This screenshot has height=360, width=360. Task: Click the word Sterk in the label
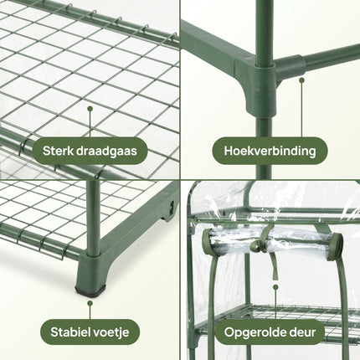[x=58, y=151]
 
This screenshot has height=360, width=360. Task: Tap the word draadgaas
[x=106, y=151]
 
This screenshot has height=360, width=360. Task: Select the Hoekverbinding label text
[x=270, y=151]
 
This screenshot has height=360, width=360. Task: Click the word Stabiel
[x=69, y=332]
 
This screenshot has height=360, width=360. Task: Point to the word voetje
[x=110, y=332]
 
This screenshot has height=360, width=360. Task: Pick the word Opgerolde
[x=254, y=332]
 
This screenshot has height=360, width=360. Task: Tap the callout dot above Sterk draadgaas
[x=90, y=108]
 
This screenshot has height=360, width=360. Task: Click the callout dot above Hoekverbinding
[x=301, y=80]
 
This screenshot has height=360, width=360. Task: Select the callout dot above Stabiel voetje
[x=90, y=303]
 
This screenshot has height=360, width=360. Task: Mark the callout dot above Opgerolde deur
[x=275, y=287]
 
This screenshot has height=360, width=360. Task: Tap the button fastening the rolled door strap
[x=255, y=246]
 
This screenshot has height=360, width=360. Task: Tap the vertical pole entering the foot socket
[x=93, y=218]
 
